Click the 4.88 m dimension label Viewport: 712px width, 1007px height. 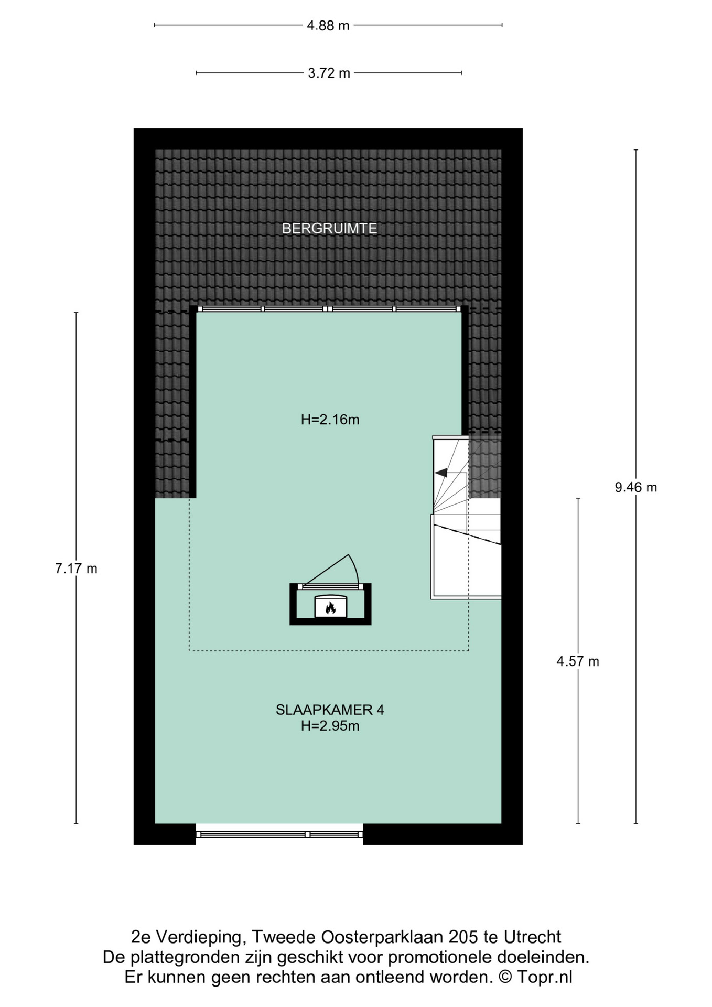[328, 25]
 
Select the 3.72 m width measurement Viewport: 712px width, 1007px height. [329, 73]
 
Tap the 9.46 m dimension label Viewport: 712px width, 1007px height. [635, 487]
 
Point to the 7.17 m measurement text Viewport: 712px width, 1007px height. [76, 569]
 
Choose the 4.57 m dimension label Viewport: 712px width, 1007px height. [577, 661]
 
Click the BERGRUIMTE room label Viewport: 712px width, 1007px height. [329, 229]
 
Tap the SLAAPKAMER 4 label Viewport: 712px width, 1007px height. [330, 710]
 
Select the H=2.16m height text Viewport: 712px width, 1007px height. [330, 420]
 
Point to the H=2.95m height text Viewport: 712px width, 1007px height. [330, 726]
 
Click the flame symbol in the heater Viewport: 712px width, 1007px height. [330, 607]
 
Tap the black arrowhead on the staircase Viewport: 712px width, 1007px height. [441, 472]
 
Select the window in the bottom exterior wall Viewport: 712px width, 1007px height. [279, 834]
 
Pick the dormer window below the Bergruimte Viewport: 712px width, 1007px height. [329, 309]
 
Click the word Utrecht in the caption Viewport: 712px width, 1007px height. [532, 937]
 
